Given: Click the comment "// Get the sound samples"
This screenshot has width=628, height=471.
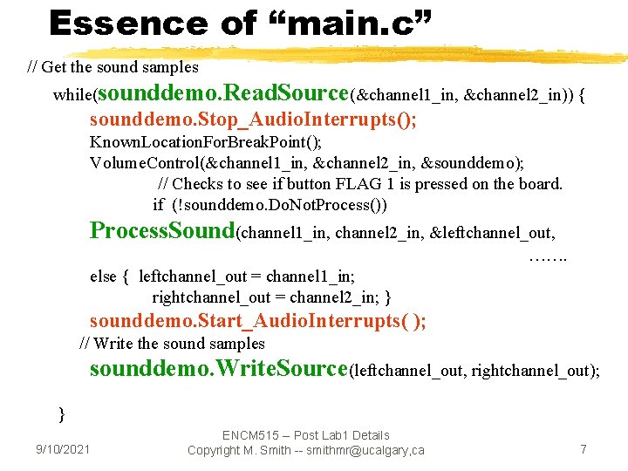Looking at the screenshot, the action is pos(113,66).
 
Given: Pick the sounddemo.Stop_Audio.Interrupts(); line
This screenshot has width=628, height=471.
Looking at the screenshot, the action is pos(253,119).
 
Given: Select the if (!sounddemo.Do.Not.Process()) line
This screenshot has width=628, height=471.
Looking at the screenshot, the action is pos(270,205).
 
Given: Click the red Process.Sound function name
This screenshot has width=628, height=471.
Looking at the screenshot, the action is pos(163,231).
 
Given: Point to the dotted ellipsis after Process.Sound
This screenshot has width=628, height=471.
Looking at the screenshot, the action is pos(548,257).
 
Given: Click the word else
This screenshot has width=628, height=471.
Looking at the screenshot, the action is pos(102,276).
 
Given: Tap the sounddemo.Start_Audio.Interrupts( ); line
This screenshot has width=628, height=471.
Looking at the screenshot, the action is pos(257,321).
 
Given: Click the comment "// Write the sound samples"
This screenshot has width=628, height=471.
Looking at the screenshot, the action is pos(172,344).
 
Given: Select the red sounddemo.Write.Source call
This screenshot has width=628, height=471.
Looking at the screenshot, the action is pos(218,368).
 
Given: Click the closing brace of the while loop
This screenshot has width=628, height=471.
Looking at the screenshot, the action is pos(61,413).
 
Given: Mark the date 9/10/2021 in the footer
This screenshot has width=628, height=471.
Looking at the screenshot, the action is pos(62,449).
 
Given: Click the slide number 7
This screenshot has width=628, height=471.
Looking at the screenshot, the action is pos(584,449).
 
